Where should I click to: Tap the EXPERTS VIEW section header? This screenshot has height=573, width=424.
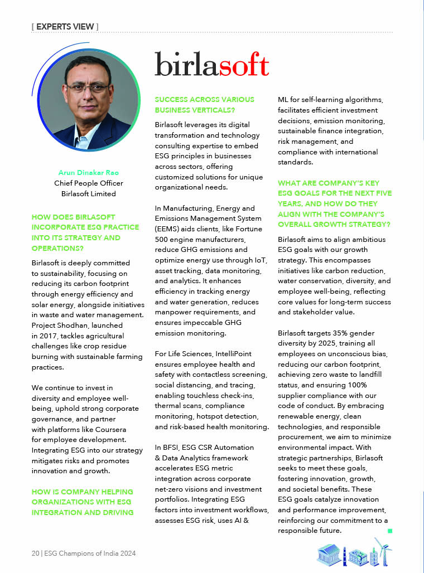[x=65, y=26]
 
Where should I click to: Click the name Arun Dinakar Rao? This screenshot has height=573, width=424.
[x=89, y=172]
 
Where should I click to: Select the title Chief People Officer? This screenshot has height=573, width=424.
[x=89, y=183]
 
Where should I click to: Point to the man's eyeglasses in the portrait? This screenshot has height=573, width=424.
[x=90, y=88]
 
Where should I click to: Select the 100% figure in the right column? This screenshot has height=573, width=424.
[x=363, y=385]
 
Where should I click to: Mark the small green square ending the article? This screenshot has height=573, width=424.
[x=390, y=531]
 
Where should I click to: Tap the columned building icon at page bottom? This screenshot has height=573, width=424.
[x=329, y=555]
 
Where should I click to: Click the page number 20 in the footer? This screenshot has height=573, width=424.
[x=35, y=553]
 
